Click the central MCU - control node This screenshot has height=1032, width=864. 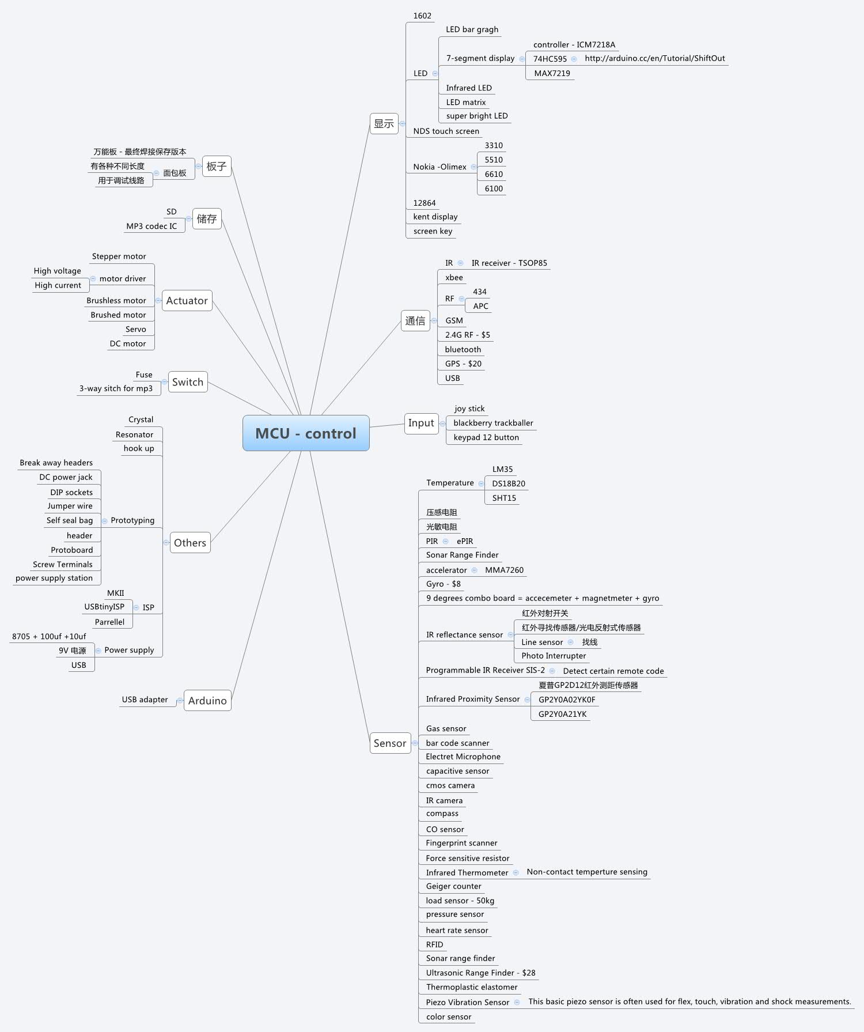(x=306, y=433)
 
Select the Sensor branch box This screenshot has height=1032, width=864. (x=390, y=743)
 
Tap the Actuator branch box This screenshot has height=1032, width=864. (x=187, y=301)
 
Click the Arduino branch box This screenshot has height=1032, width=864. (x=207, y=701)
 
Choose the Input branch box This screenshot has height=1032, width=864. (x=421, y=423)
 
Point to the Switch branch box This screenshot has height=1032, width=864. (x=188, y=382)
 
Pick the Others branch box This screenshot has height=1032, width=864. (x=190, y=543)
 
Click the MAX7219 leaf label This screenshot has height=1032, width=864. (x=552, y=73)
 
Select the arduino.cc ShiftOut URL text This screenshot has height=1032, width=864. (x=654, y=58)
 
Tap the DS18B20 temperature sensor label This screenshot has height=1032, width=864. (x=508, y=483)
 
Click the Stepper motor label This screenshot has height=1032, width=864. (x=119, y=256)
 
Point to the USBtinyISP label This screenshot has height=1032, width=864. (x=104, y=607)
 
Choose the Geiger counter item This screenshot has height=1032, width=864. (x=453, y=886)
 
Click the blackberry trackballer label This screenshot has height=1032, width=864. (x=493, y=423)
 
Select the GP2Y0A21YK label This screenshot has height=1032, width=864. (x=562, y=714)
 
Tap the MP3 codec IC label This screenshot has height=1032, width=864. (x=151, y=226)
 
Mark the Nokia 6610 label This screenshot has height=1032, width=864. (x=494, y=174)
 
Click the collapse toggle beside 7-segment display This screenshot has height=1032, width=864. (x=522, y=59)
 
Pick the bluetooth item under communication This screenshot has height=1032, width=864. (x=463, y=349)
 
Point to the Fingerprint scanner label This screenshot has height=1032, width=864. (x=461, y=843)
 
